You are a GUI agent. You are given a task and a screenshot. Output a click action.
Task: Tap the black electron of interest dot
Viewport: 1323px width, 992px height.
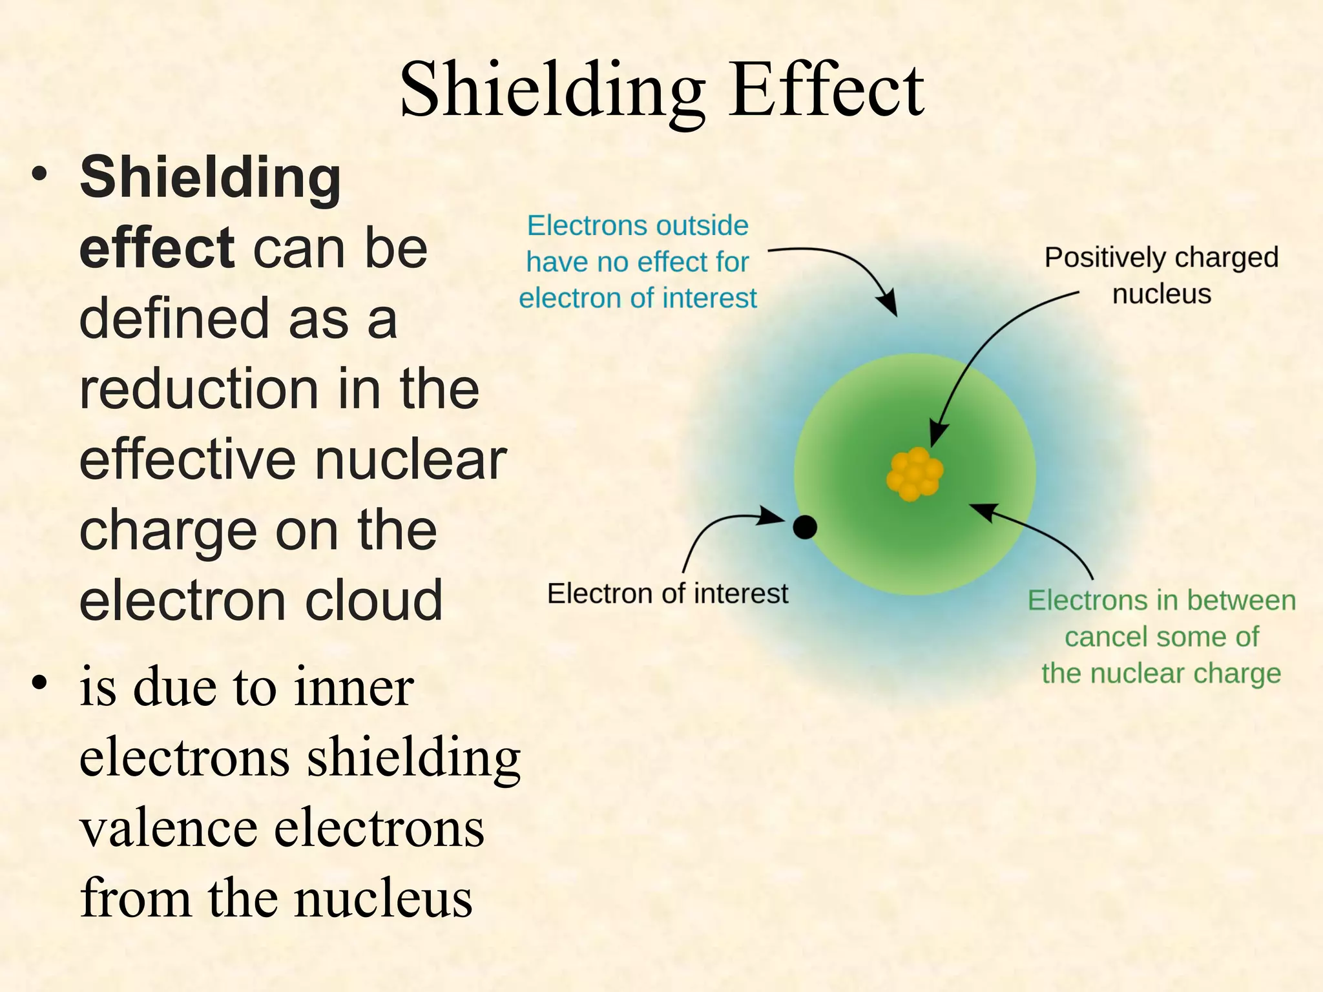(805, 528)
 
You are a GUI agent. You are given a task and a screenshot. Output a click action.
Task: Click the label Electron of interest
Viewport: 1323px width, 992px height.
(667, 594)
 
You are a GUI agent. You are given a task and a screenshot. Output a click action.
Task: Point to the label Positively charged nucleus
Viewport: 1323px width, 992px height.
(1162, 275)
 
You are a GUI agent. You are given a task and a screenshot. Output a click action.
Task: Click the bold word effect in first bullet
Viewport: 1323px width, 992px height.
(156, 248)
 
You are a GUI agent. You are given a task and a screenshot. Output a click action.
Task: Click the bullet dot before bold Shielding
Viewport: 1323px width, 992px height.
(40, 175)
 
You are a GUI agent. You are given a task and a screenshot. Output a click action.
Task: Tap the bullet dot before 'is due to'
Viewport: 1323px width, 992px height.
(40, 683)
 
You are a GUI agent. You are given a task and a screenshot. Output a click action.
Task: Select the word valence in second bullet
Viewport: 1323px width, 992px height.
(168, 829)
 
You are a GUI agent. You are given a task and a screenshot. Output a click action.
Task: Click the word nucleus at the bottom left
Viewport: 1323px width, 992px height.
(384, 899)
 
